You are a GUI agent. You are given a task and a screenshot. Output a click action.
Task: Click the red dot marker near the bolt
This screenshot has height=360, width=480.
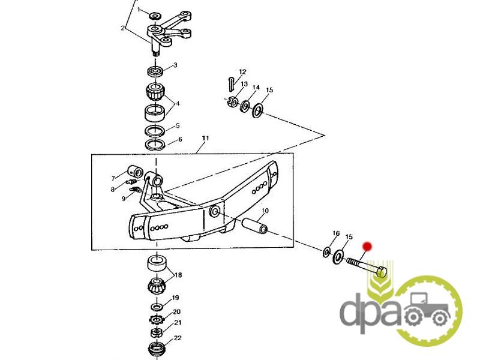pos(368,246)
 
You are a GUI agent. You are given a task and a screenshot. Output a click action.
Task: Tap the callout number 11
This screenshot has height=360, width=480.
pos(205,139)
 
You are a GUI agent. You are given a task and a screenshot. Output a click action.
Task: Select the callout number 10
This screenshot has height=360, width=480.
pos(265,211)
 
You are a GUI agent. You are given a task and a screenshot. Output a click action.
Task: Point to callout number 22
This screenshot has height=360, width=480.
pos(178,338)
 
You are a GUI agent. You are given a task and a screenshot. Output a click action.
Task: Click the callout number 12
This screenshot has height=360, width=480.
pos(242,72)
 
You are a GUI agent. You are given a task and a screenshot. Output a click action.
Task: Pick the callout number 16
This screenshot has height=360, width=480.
pos(336,233)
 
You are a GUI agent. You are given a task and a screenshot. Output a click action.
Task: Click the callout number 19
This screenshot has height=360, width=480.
pos(175,298)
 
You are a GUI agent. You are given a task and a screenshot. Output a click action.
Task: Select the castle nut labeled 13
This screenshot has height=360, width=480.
pos(232,101)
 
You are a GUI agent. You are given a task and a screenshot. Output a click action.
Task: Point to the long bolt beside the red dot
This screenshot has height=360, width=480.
pos(367,266)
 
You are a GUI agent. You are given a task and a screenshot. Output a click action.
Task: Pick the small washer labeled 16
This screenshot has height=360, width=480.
pos(328,250)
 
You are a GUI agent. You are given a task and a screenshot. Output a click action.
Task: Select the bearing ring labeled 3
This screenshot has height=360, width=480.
pos(156,71)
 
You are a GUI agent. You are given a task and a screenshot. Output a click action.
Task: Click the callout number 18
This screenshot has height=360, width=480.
pos(178,275)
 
